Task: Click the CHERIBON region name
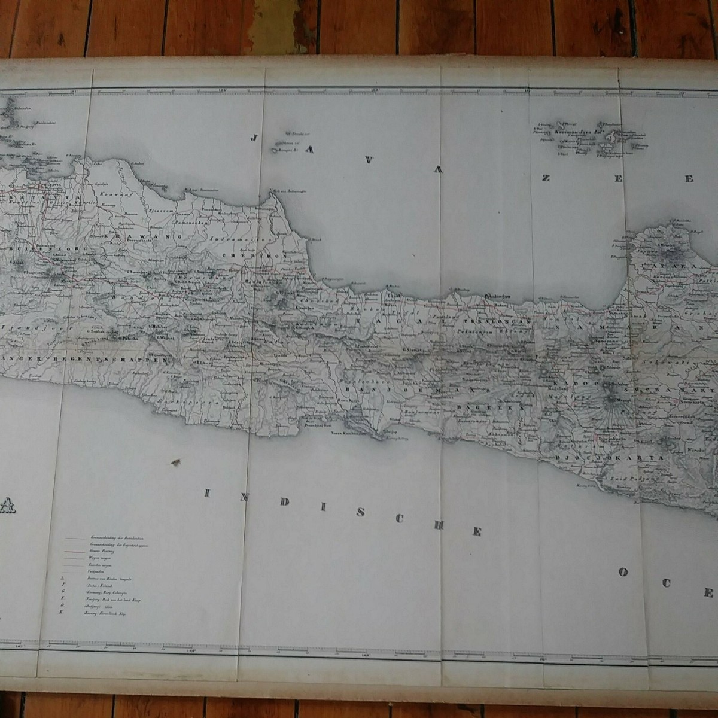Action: [260, 254]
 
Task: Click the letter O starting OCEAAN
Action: [623, 572]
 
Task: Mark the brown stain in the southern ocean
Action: [176, 462]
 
